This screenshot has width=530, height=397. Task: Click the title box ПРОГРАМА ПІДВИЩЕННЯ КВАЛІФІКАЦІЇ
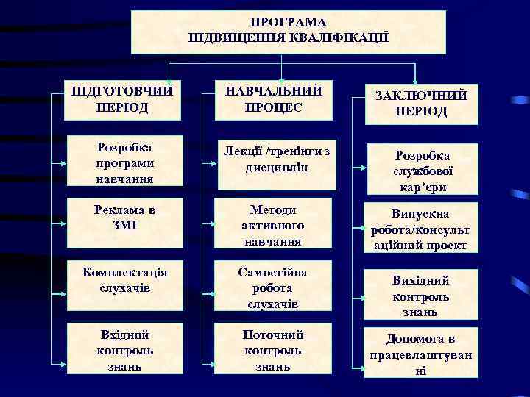[289, 32]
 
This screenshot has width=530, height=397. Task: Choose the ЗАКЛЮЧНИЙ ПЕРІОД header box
[420, 104]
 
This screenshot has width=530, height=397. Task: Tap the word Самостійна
[273, 272]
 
